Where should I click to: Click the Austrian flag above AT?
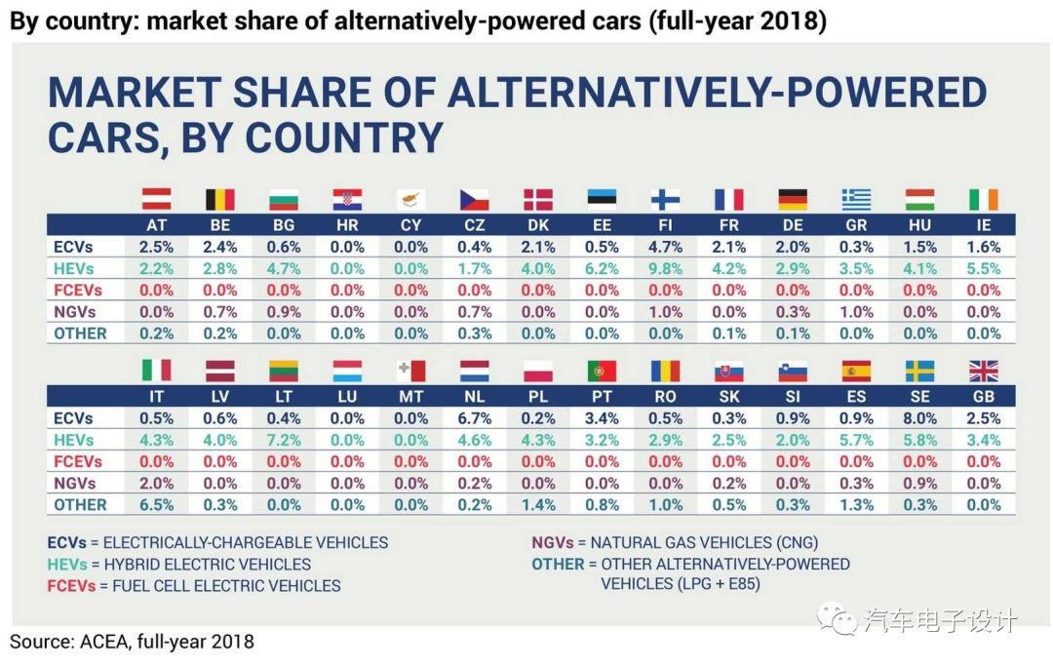pyautogui.click(x=157, y=199)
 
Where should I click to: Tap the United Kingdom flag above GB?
pyautogui.click(x=983, y=371)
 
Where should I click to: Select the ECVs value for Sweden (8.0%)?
pyautogui.click(x=919, y=418)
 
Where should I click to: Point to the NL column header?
pyautogui.click(x=475, y=397)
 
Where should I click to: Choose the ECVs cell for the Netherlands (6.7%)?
pyautogui.click(x=475, y=418)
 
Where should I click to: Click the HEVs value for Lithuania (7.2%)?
pyautogui.click(x=284, y=440)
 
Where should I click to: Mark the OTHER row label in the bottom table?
pyautogui.click(x=80, y=504)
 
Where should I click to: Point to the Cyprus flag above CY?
pyautogui.click(x=410, y=199)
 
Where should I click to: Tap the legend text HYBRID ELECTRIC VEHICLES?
pyautogui.click(x=207, y=564)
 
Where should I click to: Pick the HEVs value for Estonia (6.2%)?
pyautogui.click(x=602, y=268)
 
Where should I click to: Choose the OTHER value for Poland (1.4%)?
pyautogui.click(x=538, y=504)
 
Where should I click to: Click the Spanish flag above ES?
pyautogui.click(x=855, y=371)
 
